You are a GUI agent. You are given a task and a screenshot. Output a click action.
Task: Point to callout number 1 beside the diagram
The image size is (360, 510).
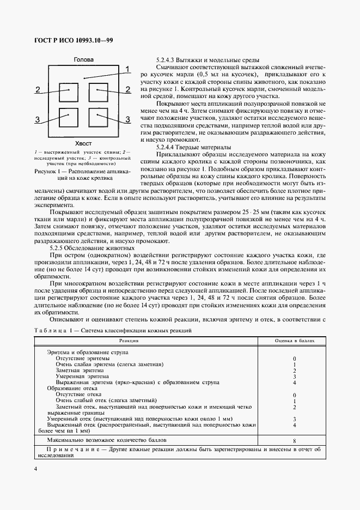pyautogui.click(x=127, y=69)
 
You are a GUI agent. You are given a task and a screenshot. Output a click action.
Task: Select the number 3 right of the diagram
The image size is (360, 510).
pyautogui.click(x=128, y=119)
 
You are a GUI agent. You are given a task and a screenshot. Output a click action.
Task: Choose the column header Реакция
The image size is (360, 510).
pyautogui.click(x=129, y=341)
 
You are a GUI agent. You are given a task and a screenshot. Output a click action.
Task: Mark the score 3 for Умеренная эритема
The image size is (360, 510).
pyautogui.click(x=294, y=376)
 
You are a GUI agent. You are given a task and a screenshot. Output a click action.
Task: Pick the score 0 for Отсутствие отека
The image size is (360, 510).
pyautogui.click(x=294, y=394)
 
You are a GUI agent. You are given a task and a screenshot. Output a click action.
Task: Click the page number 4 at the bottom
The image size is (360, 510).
pyautogui.click(x=35, y=469)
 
